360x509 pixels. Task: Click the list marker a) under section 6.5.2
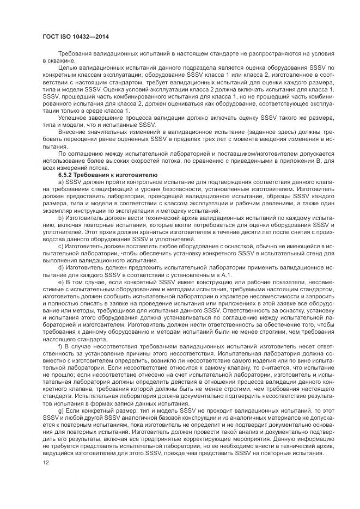pos(61,182)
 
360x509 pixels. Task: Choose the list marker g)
pos(61,409)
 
